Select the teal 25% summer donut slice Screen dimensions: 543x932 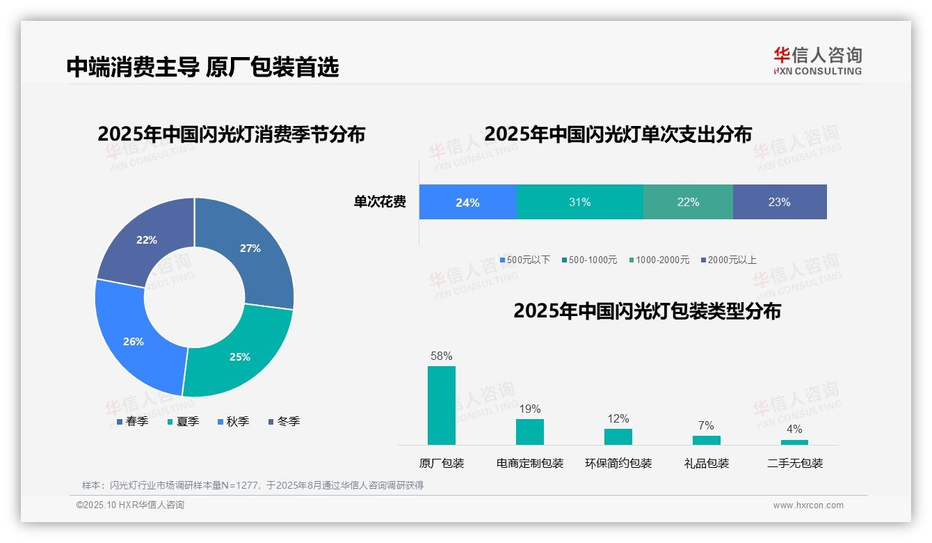click(x=236, y=355)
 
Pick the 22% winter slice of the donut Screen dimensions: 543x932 click(x=147, y=240)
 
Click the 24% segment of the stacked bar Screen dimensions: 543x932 click(x=467, y=202)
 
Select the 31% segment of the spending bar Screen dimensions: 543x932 click(x=579, y=202)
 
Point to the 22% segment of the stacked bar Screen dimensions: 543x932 click(x=688, y=202)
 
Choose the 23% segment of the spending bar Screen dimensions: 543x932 click(x=779, y=202)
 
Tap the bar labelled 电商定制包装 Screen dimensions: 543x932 click(x=529, y=432)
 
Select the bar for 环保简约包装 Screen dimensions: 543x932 click(x=618, y=436)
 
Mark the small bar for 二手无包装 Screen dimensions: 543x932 click(x=794, y=442)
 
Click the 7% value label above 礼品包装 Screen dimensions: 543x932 click(x=706, y=426)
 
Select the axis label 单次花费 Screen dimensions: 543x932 click(x=380, y=202)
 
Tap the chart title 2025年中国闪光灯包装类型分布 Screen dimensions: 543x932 click(x=647, y=311)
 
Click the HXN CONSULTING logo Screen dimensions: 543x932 click(x=817, y=61)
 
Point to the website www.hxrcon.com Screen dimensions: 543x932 click(x=808, y=505)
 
